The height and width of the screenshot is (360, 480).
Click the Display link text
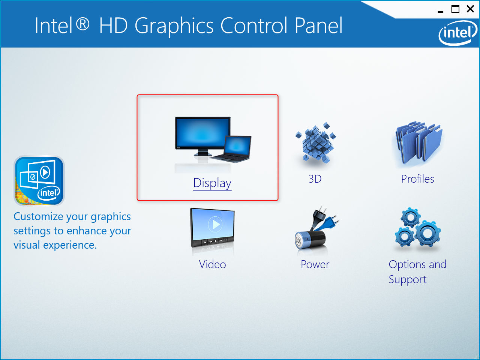tap(212, 183)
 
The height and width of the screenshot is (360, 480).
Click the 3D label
tap(315, 179)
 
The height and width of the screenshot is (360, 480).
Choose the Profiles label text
tap(417, 179)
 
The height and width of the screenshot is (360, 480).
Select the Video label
tap(212, 264)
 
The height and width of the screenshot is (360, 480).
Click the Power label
tap(315, 264)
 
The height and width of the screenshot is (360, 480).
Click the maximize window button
tap(455, 9)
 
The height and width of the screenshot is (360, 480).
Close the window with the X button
tap(470, 9)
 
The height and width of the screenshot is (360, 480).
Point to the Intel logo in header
tap(457, 33)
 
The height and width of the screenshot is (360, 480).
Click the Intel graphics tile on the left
tap(39, 181)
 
